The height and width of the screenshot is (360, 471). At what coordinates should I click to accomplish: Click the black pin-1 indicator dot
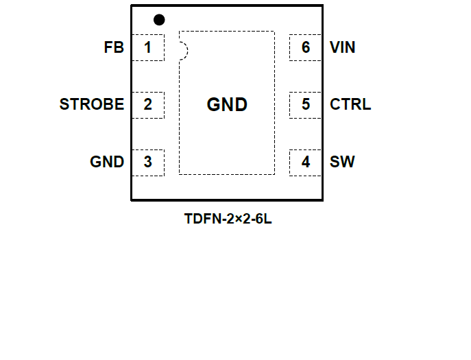pyautogui.click(x=159, y=19)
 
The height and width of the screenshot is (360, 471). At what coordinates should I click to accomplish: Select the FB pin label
pyautogui.click(x=114, y=48)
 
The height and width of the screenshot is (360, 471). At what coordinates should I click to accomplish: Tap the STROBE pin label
pyautogui.click(x=92, y=105)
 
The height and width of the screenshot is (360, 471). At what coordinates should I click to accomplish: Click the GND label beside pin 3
pyautogui.click(x=107, y=163)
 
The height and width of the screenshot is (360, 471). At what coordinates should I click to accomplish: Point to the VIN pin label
pyautogui.click(x=343, y=48)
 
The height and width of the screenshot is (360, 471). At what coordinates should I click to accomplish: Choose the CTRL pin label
pyautogui.click(x=350, y=105)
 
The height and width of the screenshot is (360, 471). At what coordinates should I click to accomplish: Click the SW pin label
pyautogui.click(x=342, y=163)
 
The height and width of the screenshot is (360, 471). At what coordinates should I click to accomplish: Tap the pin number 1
pyautogui.click(x=147, y=48)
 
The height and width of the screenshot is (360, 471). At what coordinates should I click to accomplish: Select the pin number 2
pyautogui.click(x=147, y=105)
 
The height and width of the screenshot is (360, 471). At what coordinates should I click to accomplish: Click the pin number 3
pyautogui.click(x=147, y=163)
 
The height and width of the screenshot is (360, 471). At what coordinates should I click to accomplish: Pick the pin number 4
pyautogui.click(x=306, y=163)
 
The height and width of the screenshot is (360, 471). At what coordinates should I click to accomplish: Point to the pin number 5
pyautogui.click(x=306, y=105)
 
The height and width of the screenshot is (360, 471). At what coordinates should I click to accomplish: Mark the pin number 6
pyautogui.click(x=306, y=48)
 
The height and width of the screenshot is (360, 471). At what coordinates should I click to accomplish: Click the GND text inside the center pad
pyautogui.click(x=227, y=105)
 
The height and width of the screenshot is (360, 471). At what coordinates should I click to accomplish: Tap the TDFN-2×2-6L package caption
pyautogui.click(x=227, y=220)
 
